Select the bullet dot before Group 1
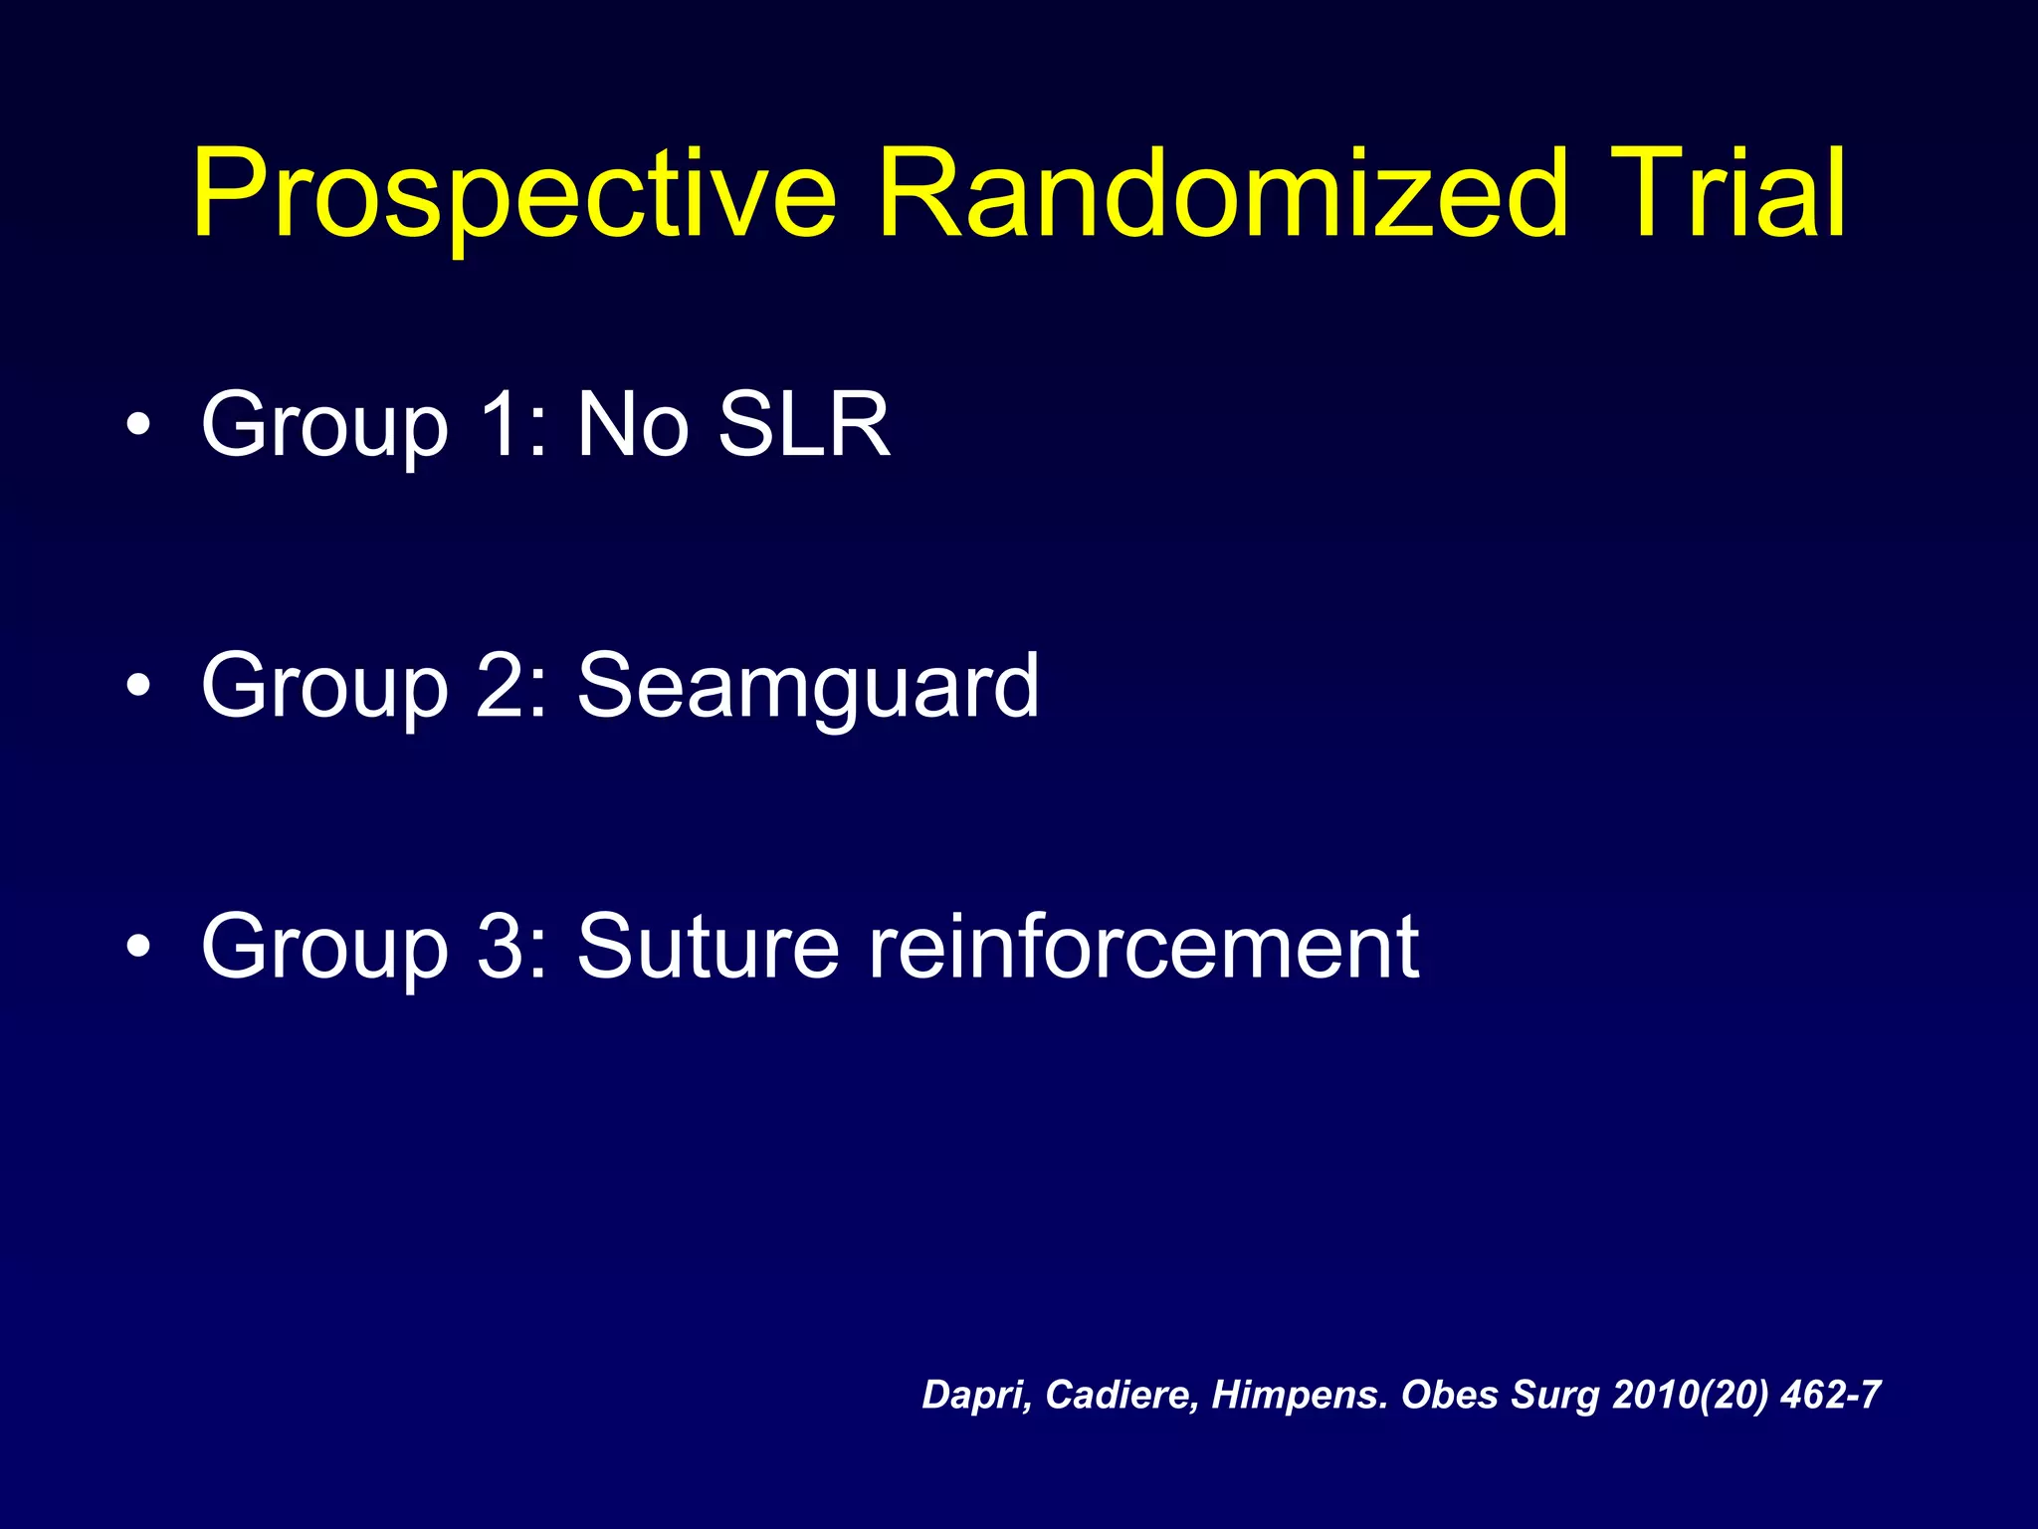(139, 426)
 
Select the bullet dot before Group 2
(139, 686)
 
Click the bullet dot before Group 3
(139, 947)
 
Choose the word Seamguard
(808, 687)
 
